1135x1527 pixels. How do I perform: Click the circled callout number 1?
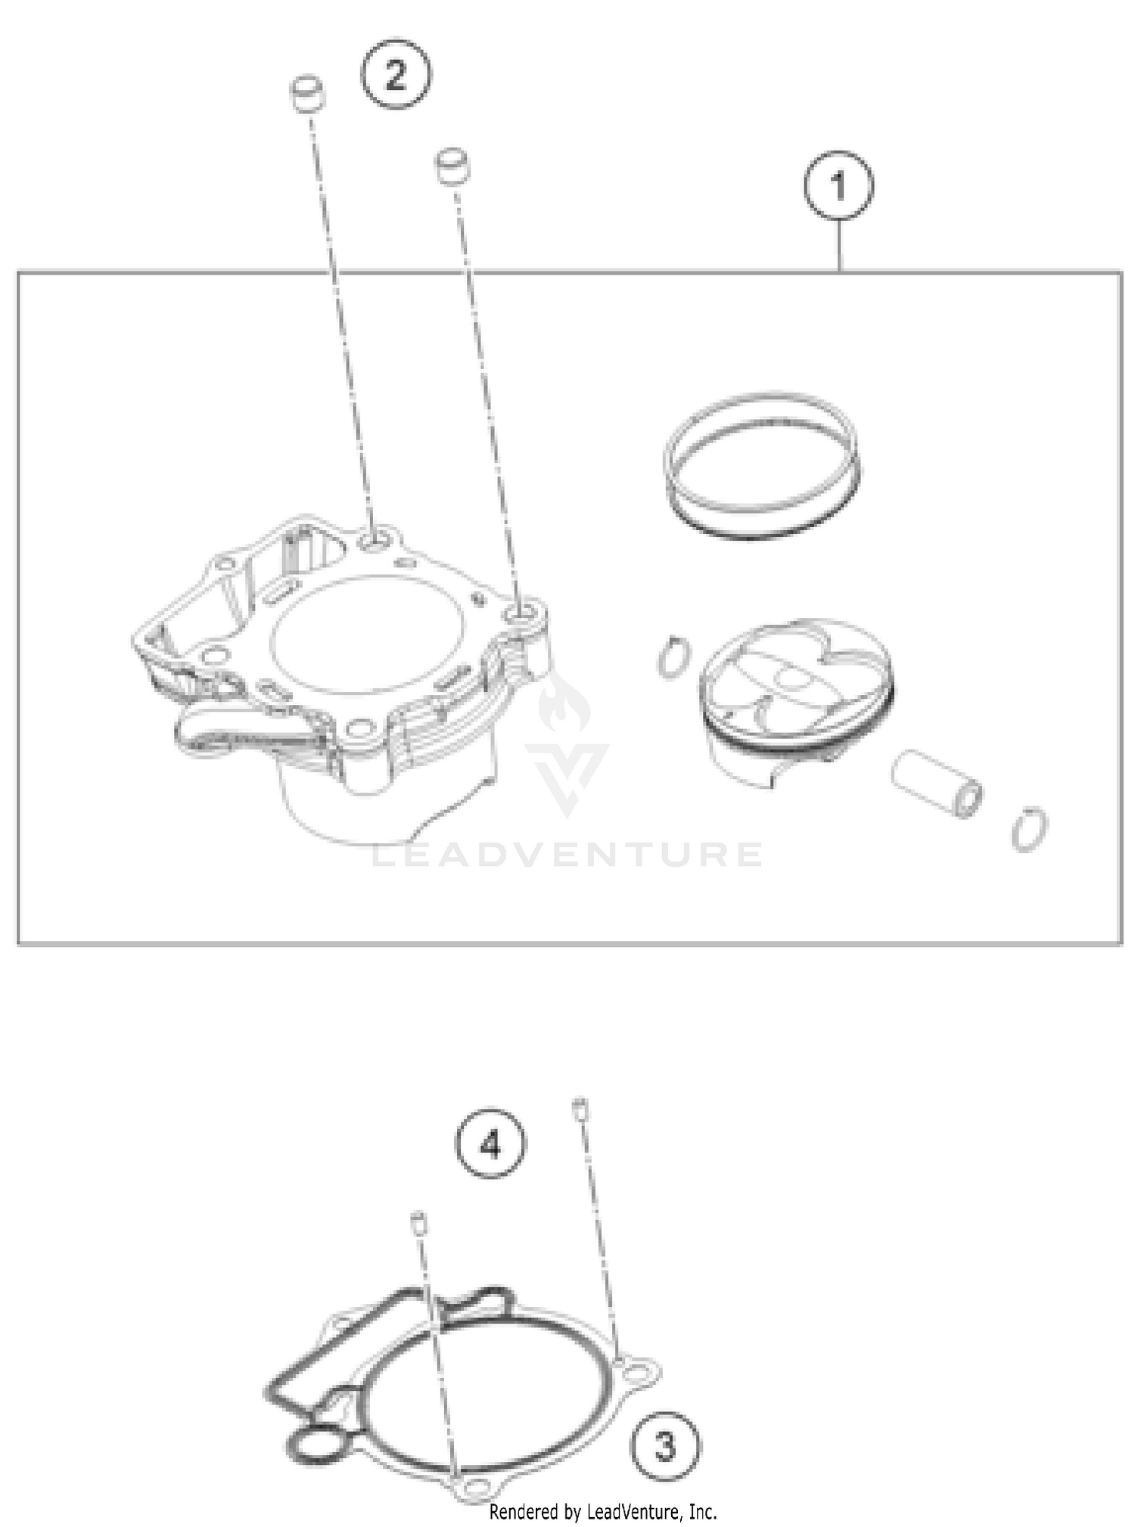[x=838, y=185]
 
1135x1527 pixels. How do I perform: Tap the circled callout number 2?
[x=396, y=76]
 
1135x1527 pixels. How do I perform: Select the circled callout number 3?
[x=665, y=1447]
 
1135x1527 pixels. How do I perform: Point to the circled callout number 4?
[x=490, y=1144]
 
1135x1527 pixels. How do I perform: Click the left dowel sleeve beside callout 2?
[x=307, y=94]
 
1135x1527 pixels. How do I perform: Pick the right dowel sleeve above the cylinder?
[x=452, y=166]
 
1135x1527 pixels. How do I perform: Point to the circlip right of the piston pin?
[x=1030, y=829]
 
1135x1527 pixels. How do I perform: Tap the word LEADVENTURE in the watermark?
[x=567, y=855]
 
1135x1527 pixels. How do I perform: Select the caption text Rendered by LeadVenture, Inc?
[x=602, y=1512]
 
